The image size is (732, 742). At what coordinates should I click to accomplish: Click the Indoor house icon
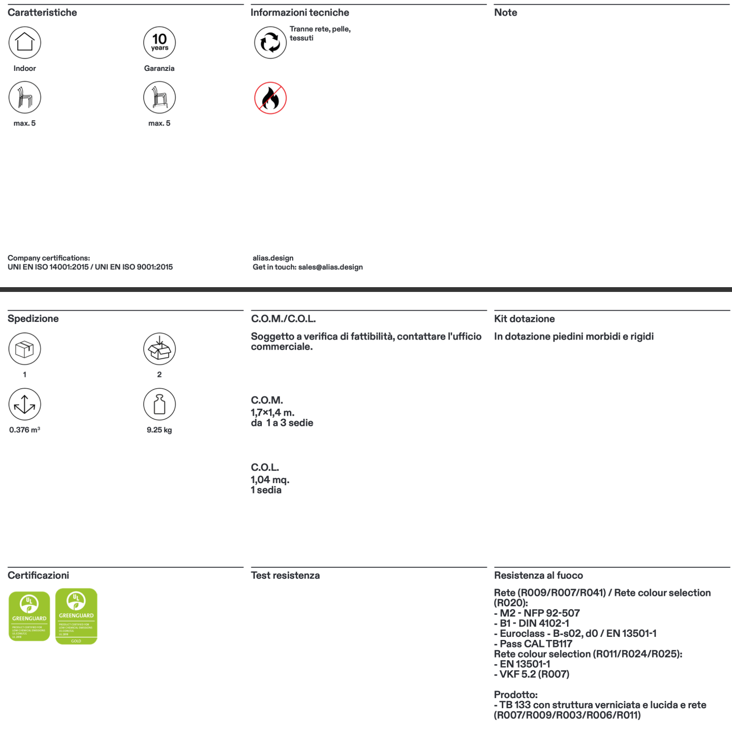(25, 43)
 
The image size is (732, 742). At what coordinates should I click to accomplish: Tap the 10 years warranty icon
(159, 43)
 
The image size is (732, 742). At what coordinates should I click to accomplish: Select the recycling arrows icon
(270, 43)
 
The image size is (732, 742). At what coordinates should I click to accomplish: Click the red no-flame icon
(270, 98)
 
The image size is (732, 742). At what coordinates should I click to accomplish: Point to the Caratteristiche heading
(42, 13)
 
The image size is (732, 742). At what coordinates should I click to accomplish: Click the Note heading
(505, 13)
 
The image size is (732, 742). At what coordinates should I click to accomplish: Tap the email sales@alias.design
(330, 267)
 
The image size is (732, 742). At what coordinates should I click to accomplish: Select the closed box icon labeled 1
(25, 349)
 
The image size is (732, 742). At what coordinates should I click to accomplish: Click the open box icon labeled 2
(159, 349)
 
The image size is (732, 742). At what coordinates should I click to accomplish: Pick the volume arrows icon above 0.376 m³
(25, 404)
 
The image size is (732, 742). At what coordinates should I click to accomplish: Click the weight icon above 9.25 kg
(159, 404)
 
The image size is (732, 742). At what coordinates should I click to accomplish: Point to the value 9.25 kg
(159, 430)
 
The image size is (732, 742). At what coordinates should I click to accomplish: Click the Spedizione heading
(33, 319)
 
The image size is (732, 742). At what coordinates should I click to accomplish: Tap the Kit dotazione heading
(524, 319)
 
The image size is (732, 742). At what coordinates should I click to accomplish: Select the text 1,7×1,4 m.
(273, 413)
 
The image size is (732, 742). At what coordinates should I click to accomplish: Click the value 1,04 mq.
(270, 480)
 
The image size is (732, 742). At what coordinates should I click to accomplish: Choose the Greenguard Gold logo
(76, 616)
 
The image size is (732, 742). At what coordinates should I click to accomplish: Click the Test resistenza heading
(285, 576)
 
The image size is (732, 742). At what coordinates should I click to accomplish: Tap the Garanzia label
(159, 69)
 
